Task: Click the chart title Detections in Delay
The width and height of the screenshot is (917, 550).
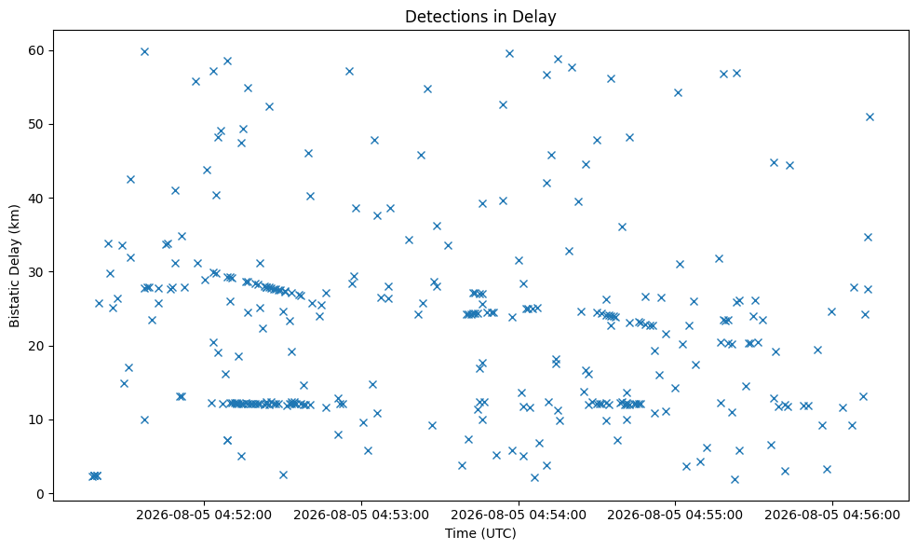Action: point(480,17)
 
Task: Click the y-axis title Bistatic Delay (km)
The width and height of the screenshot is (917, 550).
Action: point(14,266)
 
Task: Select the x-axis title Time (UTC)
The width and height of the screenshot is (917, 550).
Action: point(480,533)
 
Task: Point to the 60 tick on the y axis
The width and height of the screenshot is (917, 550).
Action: point(36,50)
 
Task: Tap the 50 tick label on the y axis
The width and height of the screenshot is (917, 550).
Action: point(36,124)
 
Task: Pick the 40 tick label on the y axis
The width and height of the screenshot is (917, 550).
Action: point(36,198)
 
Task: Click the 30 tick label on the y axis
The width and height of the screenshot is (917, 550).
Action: point(36,272)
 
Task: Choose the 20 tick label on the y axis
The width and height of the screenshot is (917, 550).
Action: point(36,346)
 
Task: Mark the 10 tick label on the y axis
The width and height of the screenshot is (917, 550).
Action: point(36,419)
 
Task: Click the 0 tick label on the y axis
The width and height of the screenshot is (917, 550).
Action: point(40,494)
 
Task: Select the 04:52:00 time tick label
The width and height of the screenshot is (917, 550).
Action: point(204,515)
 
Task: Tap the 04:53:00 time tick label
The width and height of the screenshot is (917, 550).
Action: point(361,515)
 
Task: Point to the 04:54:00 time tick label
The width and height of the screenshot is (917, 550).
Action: point(519,515)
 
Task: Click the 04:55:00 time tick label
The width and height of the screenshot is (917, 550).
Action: point(675,515)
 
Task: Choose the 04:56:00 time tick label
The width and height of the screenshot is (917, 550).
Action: point(832,515)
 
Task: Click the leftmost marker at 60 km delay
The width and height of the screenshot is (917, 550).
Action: point(144,51)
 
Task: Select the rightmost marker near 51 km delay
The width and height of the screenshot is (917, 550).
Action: point(870,117)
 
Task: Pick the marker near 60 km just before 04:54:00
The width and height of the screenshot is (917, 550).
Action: point(509,53)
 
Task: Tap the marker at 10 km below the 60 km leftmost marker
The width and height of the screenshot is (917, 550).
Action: point(144,419)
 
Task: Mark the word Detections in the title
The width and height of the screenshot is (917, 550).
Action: point(439,17)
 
